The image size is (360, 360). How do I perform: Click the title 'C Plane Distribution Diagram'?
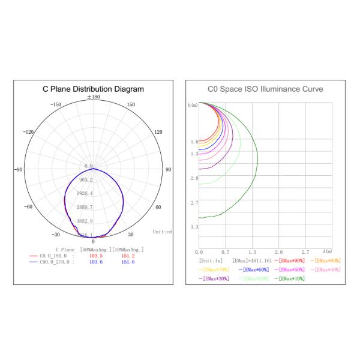93,89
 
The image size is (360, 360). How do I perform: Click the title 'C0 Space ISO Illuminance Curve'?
265,89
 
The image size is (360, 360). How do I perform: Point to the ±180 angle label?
94,97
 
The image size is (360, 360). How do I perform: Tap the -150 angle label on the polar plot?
56,104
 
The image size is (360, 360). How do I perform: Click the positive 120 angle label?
158,132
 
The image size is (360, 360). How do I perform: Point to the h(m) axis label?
193,105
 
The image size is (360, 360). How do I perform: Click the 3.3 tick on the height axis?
194,227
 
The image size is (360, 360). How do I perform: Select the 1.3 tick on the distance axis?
252,252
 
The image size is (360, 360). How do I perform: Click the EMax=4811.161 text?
252,261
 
